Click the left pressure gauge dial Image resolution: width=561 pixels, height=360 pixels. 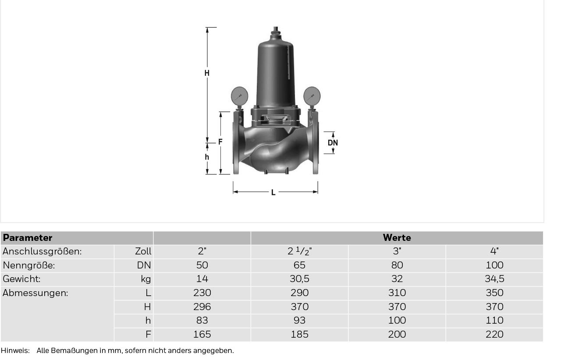239,96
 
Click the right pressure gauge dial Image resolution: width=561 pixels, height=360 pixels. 312,96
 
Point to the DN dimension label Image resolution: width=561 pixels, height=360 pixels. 333,143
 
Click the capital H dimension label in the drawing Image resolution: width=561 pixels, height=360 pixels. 207,73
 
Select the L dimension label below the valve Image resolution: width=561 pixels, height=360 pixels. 273,193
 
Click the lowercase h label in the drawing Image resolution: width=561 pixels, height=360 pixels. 207,157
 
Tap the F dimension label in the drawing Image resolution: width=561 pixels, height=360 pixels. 220,142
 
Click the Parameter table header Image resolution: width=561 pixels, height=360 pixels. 28,238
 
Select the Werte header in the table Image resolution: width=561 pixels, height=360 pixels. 397,238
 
